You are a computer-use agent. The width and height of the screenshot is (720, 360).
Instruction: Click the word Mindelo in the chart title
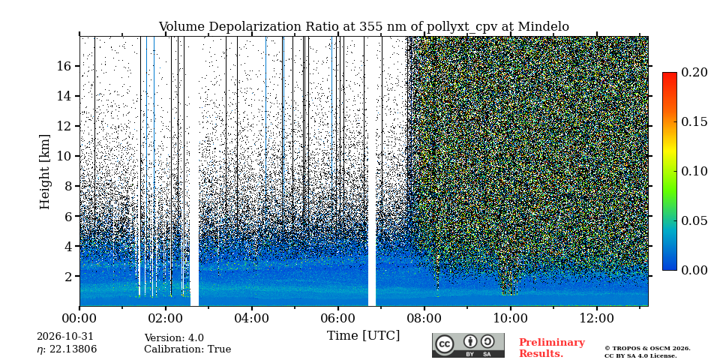tap(543, 27)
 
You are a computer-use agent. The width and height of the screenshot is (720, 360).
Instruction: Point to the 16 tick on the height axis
tap(64, 66)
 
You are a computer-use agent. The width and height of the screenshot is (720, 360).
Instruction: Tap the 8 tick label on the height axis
tap(68, 187)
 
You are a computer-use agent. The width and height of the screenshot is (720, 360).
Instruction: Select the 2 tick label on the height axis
tap(68, 277)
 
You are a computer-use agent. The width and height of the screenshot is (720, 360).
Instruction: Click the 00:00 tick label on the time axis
tap(80, 318)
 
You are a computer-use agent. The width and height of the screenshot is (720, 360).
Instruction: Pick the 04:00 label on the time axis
tap(252, 318)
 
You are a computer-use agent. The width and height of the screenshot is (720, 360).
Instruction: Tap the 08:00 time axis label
tap(424, 318)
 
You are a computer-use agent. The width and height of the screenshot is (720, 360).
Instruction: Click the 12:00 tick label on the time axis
tap(596, 318)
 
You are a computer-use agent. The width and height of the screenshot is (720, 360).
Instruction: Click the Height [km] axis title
tap(44, 172)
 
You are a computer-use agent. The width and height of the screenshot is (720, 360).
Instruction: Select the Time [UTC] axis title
tap(363, 336)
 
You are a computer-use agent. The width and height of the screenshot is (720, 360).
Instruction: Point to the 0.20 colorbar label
tap(694, 72)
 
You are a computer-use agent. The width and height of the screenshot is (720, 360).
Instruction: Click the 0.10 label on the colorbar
tap(694, 171)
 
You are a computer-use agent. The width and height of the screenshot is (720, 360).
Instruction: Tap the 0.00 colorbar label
tap(694, 270)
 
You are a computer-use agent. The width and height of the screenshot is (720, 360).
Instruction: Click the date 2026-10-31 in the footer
tap(65, 337)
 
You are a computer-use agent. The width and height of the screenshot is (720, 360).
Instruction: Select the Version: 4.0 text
tap(174, 338)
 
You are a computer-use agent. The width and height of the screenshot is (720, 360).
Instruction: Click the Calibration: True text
tap(187, 349)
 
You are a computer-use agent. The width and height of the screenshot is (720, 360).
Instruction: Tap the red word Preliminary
tap(552, 343)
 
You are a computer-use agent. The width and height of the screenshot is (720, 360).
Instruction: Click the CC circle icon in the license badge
tap(445, 345)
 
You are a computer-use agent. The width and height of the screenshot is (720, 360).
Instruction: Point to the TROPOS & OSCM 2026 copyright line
tap(647, 349)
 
